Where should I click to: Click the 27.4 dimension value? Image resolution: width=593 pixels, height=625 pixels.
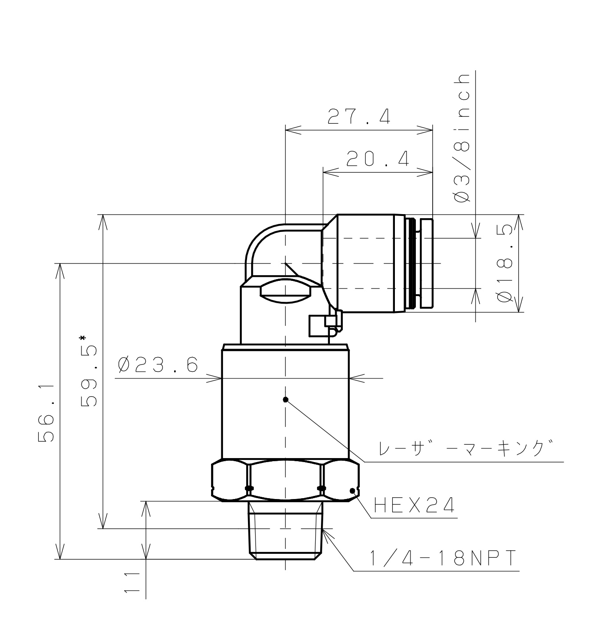pyautogui.click(x=359, y=117)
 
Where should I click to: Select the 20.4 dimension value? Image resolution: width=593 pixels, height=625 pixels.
pyautogui.click(x=378, y=159)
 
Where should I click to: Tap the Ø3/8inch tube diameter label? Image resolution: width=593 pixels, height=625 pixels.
pyautogui.click(x=463, y=138)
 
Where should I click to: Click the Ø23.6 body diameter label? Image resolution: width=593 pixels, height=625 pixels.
pyautogui.click(x=158, y=365)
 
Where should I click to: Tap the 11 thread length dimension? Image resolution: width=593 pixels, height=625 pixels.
pyautogui.click(x=132, y=582)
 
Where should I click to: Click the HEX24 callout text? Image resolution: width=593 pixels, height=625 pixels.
pyautogui.click(x=414, y=505)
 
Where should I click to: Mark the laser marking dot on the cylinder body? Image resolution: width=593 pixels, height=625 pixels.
pyautogui.click(x=286, y=399)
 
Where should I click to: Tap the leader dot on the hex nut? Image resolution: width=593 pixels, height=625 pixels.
pyautogui.click(x=353, y=491)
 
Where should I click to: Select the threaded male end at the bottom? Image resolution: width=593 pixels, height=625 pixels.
pyautogui.click(x=285, y=532)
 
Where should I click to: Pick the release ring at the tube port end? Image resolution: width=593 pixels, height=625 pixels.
pyautogui.click(x=426, y=263)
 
